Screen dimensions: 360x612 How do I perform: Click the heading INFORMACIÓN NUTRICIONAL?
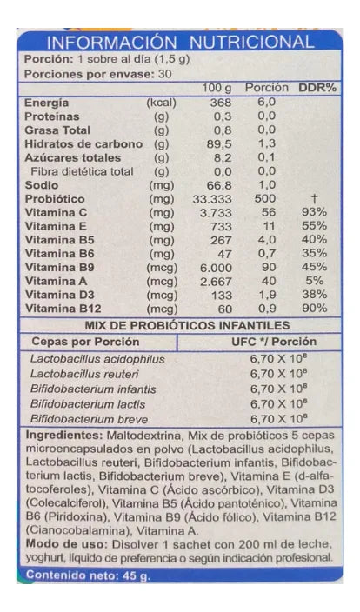point(180,42)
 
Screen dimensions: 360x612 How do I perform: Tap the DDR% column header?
point(317,88)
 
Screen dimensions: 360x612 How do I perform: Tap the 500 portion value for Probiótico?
point(265,198)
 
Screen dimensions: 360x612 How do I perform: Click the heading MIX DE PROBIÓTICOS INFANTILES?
point(180,324)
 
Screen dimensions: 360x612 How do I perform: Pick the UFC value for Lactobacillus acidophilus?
point(276,358)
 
